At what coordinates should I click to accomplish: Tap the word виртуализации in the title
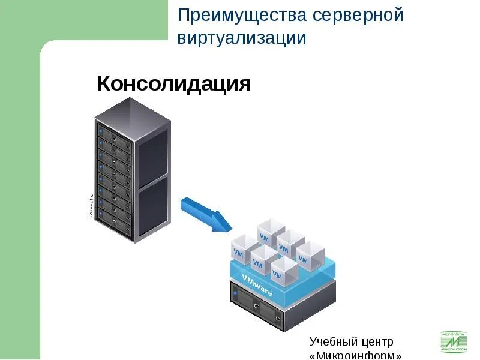(x=242, y=38)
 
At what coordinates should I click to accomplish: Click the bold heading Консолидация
(x=173, y=83)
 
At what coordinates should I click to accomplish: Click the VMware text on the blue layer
(x=257, y=285)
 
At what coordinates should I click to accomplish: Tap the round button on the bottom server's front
(x=256, y=305)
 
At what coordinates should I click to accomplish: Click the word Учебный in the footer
(x=331, y=342)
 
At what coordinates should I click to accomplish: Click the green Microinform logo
(x=454, y=342)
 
